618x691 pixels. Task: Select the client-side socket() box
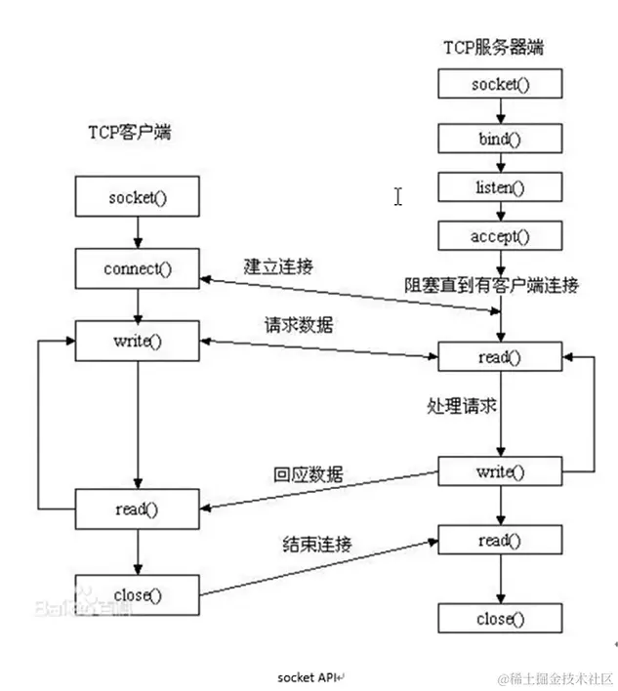pos(137,198)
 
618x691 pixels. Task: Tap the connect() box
pos(137,267)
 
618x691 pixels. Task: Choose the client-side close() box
pos(137,592)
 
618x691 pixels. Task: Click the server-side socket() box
pos(500,84)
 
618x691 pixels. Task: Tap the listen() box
pos(500,186)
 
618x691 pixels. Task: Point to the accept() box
pos(500,236)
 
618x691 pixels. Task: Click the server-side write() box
pos(500,472)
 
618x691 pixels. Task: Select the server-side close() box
pos(500,619)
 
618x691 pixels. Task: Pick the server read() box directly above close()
pos(500,541)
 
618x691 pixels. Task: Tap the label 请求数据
pos(298,325)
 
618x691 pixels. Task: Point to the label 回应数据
pos(308,474)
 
